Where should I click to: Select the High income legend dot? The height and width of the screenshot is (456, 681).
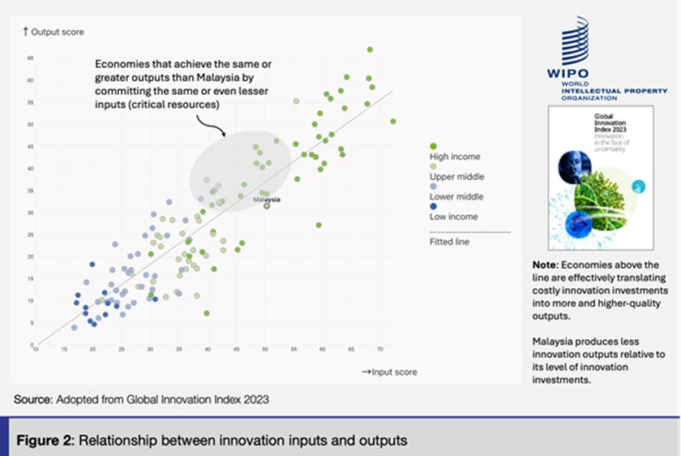tap(433, 145)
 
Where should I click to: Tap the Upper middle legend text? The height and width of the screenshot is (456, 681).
tap(456, 177)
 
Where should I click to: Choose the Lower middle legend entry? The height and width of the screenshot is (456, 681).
tap(456, 196)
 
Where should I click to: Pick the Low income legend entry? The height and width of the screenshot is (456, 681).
tap(452, 217)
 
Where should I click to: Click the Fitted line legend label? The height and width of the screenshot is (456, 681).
tap(448, 241)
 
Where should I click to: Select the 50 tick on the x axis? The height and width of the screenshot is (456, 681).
tap(265, 350)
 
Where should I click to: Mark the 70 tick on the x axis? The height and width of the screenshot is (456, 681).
tap(380, 350)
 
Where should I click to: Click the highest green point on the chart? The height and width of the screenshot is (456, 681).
tap(370, 49)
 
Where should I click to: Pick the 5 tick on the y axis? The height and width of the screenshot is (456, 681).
tap(30, 323)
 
